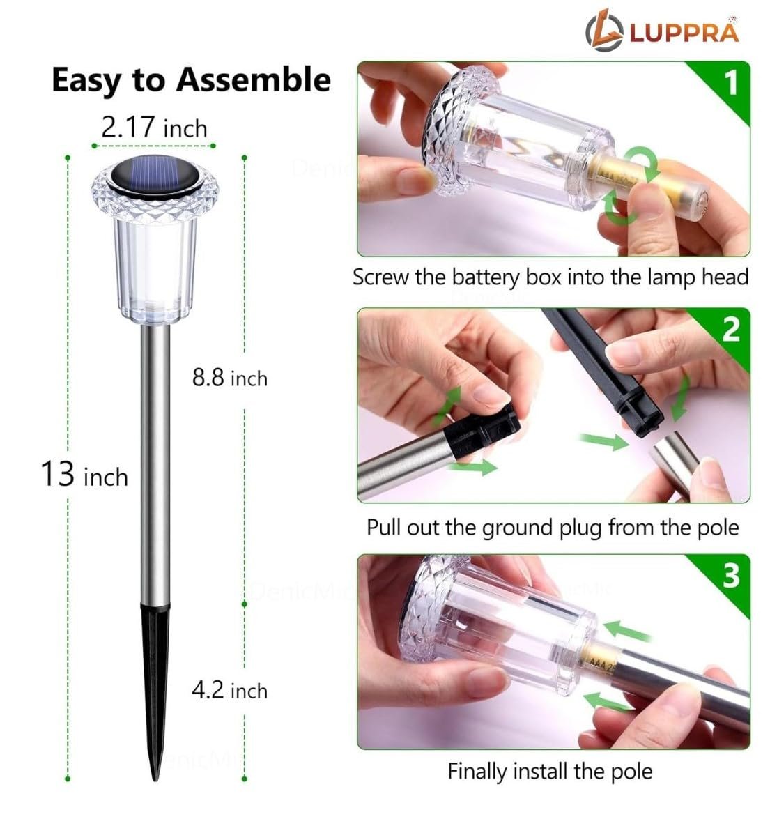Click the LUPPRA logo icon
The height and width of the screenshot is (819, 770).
(604, 32)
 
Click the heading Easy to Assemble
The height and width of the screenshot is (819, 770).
(191, 80)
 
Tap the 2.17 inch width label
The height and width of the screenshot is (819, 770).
(154, 128)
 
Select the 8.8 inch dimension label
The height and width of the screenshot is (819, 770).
(229, 378)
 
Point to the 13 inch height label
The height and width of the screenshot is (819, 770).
(84, 475)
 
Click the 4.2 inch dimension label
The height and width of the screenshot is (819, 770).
(229, 690)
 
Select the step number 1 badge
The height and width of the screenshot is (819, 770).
(729, 83)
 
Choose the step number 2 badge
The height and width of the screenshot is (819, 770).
(730, 329)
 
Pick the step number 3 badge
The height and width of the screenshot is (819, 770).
(730, 576)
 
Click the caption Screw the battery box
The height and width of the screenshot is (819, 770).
(550, 277)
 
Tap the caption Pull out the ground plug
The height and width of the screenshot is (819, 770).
(553, 526)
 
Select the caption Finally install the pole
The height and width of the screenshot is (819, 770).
(550, 772)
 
